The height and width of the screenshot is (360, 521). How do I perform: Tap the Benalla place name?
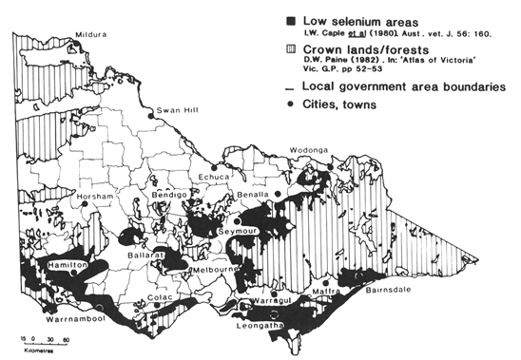[252, 193]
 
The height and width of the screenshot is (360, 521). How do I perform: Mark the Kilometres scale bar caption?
[36, 350]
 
